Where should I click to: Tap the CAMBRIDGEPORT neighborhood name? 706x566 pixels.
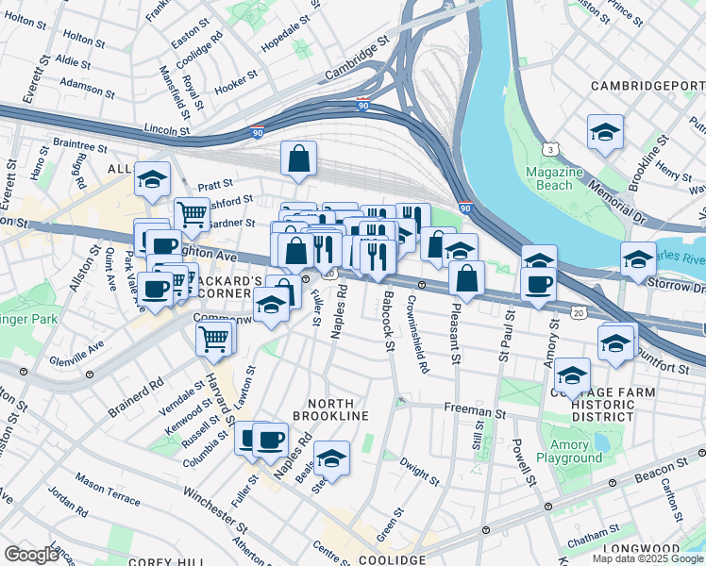(647, 86)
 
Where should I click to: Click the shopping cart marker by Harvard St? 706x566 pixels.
(215, 337)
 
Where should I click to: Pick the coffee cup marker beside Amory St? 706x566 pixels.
(538, 285)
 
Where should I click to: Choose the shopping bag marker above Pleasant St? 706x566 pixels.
(466, 278)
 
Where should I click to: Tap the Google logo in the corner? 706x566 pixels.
(31, 554)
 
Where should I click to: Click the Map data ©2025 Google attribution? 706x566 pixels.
(647, 558)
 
